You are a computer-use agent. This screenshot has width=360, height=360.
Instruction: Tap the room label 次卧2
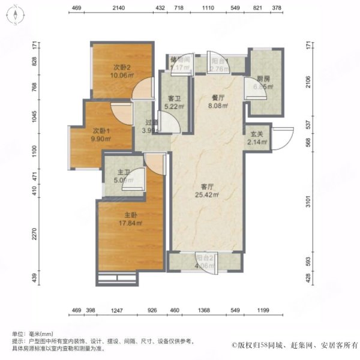(x=122, y=67)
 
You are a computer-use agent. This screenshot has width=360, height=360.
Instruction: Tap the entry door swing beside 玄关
(x=284, y=137)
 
